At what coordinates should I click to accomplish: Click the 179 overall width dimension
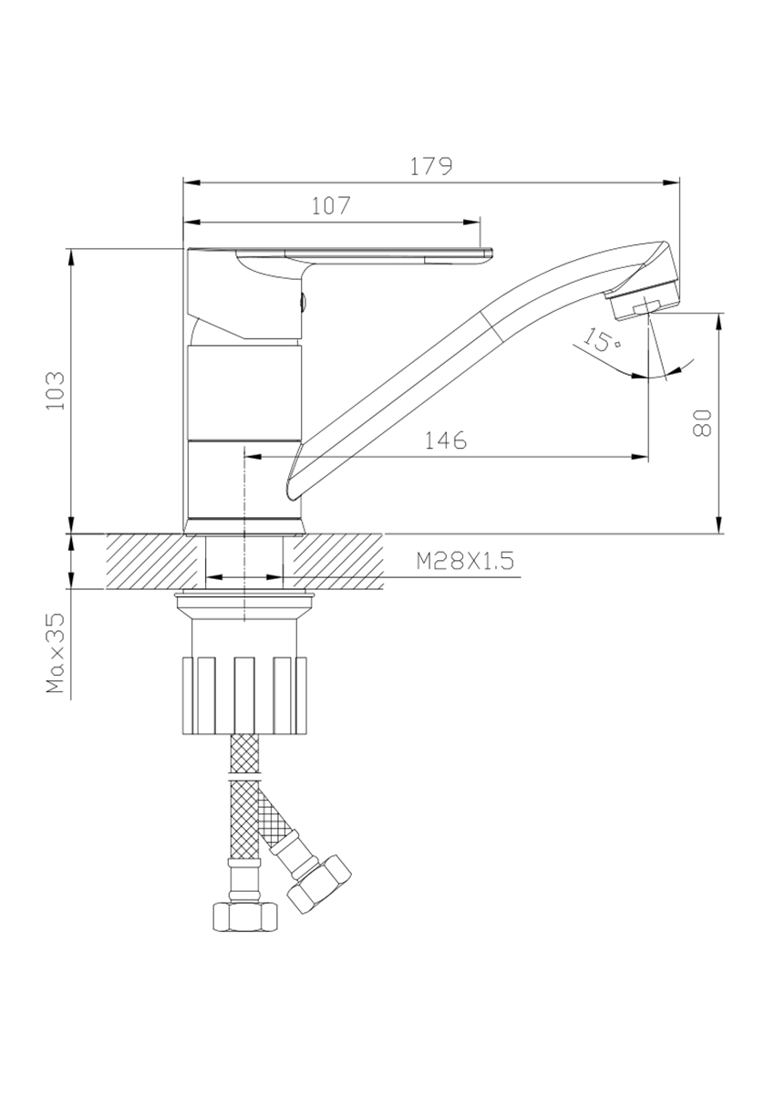431,166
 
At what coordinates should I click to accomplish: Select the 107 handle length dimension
331,206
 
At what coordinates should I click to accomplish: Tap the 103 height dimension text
56,391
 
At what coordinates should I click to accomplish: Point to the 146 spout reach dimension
445,440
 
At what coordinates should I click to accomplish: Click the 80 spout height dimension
701,422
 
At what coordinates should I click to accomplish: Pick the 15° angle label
602,338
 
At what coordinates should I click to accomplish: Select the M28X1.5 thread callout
465,561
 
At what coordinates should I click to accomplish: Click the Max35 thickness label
56,652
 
